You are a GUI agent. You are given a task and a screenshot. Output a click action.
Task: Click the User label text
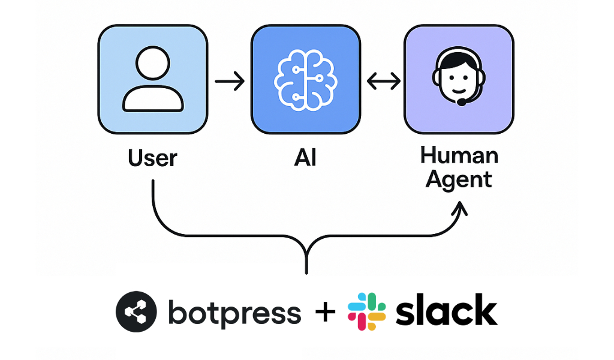pos(152,158)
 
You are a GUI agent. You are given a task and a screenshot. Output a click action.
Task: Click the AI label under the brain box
pos(305,158)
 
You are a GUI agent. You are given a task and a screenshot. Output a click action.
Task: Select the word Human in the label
pos(459,155)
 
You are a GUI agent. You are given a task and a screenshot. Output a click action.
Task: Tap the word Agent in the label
pos(459,179)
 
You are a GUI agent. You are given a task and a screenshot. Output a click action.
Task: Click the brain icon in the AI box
pos(305,79)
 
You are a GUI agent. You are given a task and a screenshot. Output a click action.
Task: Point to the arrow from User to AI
pos(229,80)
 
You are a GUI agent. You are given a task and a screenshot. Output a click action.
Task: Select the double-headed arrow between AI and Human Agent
pos(383,80)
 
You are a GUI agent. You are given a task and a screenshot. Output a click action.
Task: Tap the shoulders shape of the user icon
pos(153,99)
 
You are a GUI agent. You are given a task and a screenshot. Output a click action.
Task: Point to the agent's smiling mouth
pos(458,93)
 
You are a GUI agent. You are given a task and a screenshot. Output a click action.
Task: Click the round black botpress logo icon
pos(136,313)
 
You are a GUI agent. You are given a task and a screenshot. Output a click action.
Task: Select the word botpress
pos(234,313)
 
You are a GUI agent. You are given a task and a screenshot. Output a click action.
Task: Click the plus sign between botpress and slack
pos(324,313)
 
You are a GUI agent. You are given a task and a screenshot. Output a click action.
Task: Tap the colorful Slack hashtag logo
pos(366,312)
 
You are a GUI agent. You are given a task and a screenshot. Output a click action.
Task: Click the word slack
pos(446,311)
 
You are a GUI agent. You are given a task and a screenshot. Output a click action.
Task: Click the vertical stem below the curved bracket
pos(306,261)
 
